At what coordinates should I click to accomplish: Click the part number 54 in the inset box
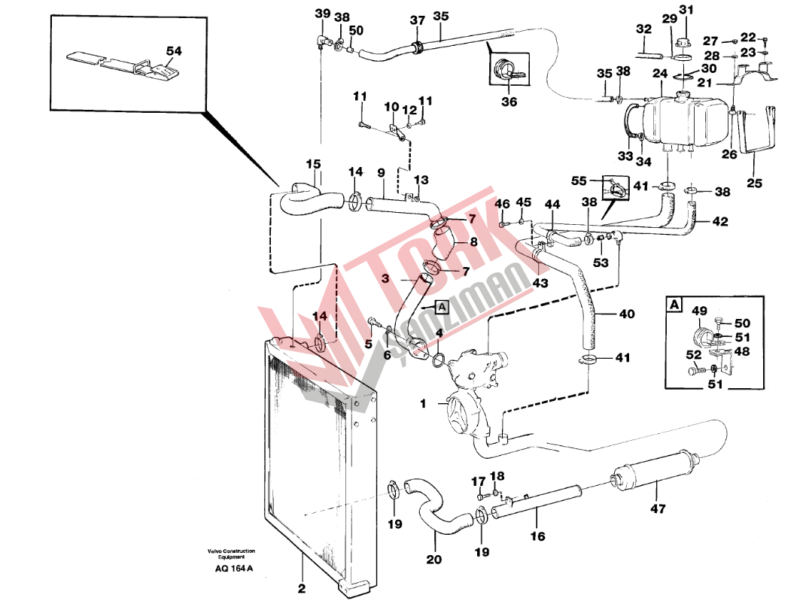[x=174, y=50]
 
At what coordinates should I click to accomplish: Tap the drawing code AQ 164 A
[x=234, y=569]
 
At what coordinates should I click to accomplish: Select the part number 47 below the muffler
[x=658, y=508]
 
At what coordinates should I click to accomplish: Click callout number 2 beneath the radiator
[x=302, y=588]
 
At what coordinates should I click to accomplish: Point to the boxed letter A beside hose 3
[x=443, y=308]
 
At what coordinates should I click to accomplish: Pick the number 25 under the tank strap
[x=754, y=183]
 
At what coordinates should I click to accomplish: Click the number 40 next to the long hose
[x=627, y=314]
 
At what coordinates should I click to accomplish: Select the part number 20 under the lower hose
[x=434, y=559]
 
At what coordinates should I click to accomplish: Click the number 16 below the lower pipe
[x=537, y=536]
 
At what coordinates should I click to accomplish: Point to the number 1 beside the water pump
[x=423, y=403]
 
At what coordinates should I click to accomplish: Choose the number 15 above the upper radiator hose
[x=313, y=164]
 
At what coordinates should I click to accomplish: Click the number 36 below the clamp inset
[x=509, y=102]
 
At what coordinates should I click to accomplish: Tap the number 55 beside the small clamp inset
[x=579, y=181]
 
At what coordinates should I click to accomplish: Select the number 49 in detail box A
[x=699, y=311]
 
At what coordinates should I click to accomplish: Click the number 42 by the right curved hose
[x=719, y=221]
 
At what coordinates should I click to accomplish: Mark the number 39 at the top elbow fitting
[x=322, y=13]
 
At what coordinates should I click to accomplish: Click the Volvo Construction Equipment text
[x=231, y=554]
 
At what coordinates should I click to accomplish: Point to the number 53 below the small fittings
[x=601, y=263]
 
